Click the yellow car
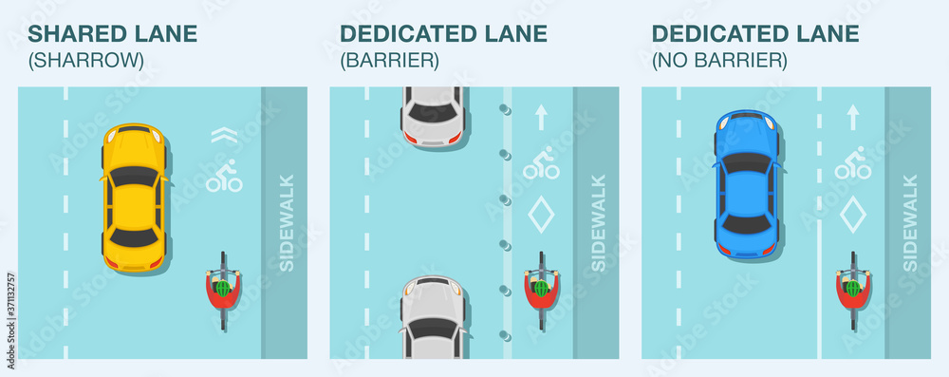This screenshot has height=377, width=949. [x=133, y=198]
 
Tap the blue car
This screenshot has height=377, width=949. [x=747, y=184]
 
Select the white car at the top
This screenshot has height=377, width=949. [x=432, y=115]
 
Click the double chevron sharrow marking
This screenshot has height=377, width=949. [x=223, y=136]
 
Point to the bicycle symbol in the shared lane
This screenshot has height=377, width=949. [x=224, y=177]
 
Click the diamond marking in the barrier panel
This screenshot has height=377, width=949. [x=541, y=214]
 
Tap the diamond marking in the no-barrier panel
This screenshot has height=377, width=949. [x=852, y=214]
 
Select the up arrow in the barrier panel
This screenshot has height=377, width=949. [x=541, y=117]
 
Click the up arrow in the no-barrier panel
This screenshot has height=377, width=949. [x=852, y=117]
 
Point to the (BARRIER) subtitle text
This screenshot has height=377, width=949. [x=389, y=61]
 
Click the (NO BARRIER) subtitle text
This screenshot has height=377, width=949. [x=718, y=61]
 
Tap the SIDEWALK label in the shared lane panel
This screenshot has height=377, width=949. [x=286, y=223]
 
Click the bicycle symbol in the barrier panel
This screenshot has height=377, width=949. [x=541, y=164]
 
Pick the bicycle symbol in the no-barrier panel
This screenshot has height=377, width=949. [x=852, y=164]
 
